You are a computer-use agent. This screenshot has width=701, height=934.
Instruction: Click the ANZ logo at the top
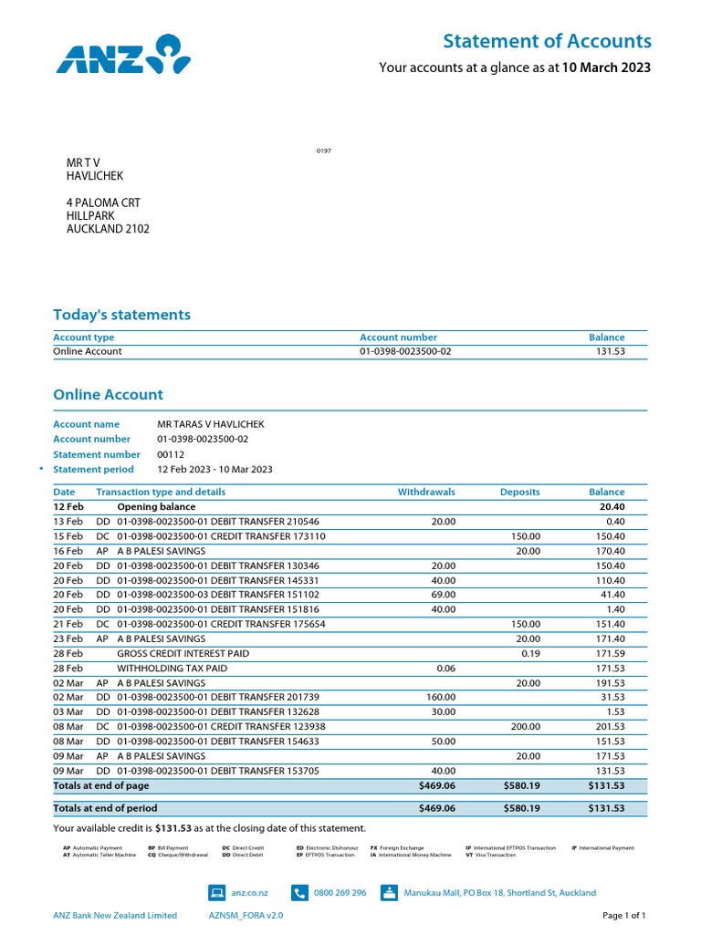pyautogui.click(x=123, y=54)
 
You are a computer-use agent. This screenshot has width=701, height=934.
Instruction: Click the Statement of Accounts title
pyautogui.click(x=547, y=41)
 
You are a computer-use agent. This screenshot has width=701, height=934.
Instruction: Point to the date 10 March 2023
pyautogui.click(x=606, y=67)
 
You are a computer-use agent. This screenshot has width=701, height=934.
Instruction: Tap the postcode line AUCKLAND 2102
pyautogui.click(x=108, y=230)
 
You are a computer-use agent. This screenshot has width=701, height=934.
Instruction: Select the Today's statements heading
pyautogui.click(x=121, y=315)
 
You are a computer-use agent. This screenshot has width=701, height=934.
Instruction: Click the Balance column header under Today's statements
pyautogui.click(x=606, y=337)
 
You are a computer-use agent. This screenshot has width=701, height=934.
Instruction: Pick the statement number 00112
pyautogui.click(x=171, y=454)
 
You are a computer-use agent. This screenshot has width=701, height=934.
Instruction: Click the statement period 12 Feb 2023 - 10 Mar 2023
pyautogui.click(x=214, y=470)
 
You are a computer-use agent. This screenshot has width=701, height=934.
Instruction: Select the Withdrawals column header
pyautogui.click(x=426, y=492)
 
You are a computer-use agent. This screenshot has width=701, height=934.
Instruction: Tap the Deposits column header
pyautogui.click(x=519, y=492)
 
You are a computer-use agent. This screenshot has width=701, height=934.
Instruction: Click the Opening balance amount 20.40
pyautogui.click(x=612, y=507)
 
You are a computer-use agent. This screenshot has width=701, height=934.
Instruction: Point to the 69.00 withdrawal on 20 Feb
pyautogui.click(x=443, y=595)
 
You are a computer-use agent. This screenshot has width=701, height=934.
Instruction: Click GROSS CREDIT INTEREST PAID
pyautogui.click(x=183, y=654)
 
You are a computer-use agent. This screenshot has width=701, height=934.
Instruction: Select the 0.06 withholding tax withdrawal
pyautogui.click(x=445, y=669)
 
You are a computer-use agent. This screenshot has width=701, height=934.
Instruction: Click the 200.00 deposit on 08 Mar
pyautogui.click(x=525, y=727)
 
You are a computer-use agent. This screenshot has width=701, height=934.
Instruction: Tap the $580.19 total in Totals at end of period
pyautogui.click(x=521, y=808)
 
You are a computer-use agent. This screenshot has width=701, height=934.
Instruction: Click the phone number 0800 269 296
pyautogui.click(x=340, y=893)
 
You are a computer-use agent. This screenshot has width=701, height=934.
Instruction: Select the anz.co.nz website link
pyautogui.click(x=249, y=893)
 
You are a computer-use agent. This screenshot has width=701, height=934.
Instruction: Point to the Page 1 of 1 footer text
pyautogui.click(x=624, y=916)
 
